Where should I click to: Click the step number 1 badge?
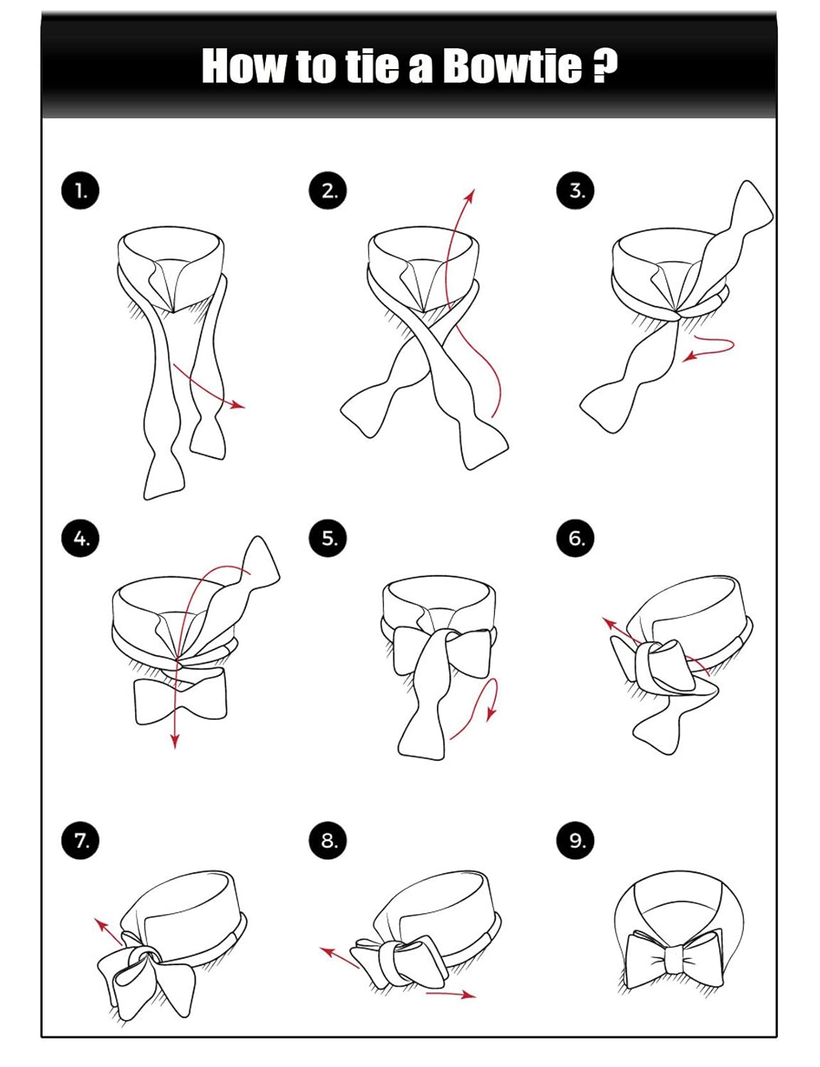click(x=80, y=191)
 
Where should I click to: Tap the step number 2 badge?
click(x=328, y=191)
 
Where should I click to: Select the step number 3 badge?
click(x=575, y=191)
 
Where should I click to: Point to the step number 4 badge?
click(x=80, y=538)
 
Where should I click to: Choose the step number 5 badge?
click(x=328, y=538)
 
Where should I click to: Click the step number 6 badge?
click(x=575, y=538)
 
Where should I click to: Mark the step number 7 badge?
click(x=80, y=840)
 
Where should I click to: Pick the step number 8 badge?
click(x=328, y=840)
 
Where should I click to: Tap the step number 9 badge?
click(x=575, y=840)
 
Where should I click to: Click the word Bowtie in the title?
click(x=512, y=65)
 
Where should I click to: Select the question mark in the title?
click(x=605, y=65)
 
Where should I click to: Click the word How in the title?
click(x=244, y=65)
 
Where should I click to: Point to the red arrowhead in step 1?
click(x=238, y=405)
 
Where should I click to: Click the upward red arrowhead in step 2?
click(x=470, y=196)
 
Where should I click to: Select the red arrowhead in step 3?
click(x=689, y=357)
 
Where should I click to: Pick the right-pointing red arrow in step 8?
click(x=450, y=994)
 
